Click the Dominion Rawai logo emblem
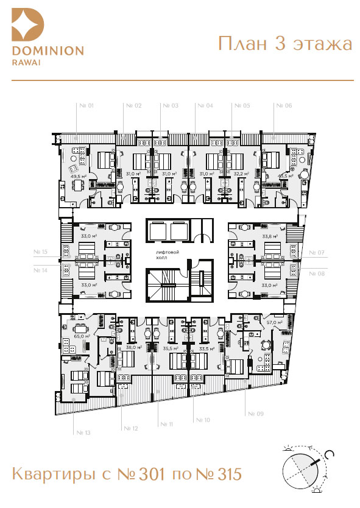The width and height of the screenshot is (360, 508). [27, 24]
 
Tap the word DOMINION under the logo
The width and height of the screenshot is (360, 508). [48, 51]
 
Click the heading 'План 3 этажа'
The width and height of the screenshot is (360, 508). [285, 44]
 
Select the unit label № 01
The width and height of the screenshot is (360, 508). [86, 105]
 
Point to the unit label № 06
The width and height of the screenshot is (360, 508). [284, 105]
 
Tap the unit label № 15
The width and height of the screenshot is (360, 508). [40, 252]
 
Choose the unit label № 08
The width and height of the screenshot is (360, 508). [317, 273]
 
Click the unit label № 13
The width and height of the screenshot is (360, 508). [83, 432]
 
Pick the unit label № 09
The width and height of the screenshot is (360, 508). [256, 414]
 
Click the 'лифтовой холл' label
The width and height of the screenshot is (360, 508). [167, 255]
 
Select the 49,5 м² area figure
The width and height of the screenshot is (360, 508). [79, 176]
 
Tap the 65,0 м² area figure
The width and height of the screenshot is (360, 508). [82, 336]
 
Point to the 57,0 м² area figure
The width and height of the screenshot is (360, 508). [275, 322]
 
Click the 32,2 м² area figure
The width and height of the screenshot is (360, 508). [241, 174]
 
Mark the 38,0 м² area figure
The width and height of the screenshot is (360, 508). [134, 347]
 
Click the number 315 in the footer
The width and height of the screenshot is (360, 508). [230, 474]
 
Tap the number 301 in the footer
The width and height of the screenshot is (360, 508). [151, 474]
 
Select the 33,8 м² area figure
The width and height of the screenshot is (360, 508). [270, 236]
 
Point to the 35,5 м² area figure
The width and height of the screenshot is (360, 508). [171, 348]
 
